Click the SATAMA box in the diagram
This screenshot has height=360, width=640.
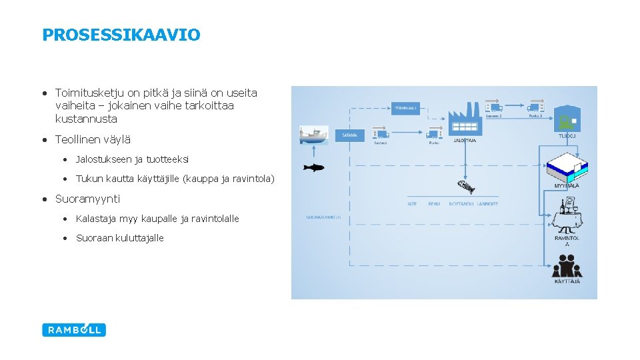350,135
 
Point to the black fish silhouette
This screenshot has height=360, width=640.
313,167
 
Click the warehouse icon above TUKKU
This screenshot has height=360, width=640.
567,117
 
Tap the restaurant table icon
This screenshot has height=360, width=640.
567,217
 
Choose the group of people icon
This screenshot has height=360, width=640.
567,265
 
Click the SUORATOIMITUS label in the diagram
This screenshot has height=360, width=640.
323,217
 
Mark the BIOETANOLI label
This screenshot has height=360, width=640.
461,204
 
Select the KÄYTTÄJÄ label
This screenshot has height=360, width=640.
567,282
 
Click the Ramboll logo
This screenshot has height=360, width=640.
74,329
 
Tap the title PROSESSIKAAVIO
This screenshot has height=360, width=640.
121,35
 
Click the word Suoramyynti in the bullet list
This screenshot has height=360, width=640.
87,199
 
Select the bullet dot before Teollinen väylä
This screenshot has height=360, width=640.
43,140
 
